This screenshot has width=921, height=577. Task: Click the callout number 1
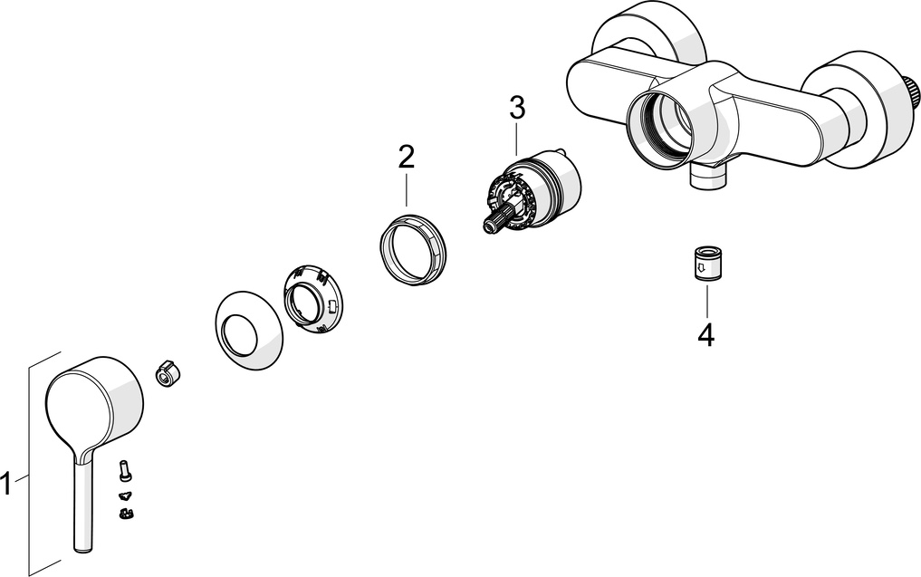7,484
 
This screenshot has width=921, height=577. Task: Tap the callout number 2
406,157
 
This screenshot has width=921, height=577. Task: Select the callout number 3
516,108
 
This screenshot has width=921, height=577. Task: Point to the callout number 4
706,335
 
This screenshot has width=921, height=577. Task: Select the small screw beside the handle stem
125,471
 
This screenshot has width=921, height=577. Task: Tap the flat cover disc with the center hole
247,331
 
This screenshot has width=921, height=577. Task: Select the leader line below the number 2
406,188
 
